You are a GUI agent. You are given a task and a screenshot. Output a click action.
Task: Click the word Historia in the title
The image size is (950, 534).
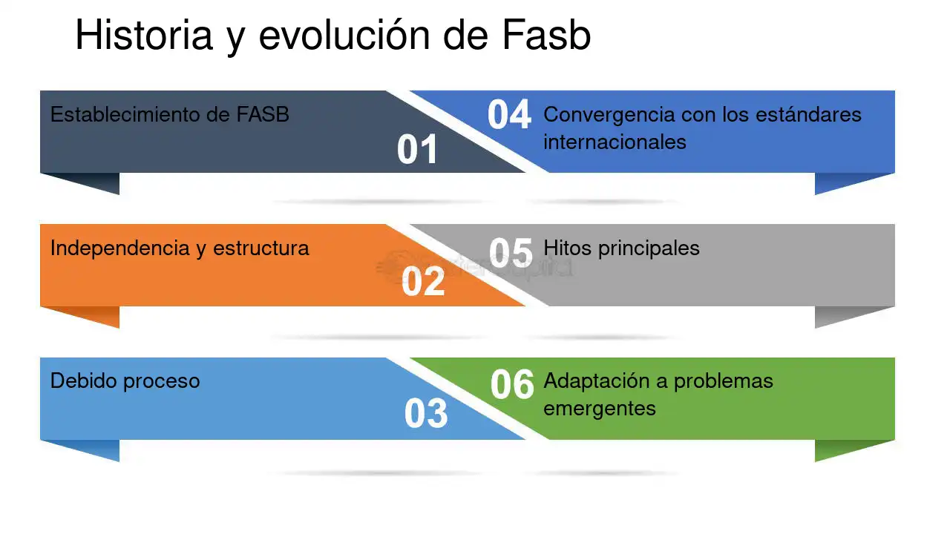point(144,35)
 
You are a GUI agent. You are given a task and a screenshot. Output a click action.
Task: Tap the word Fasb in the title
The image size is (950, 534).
point(546,35)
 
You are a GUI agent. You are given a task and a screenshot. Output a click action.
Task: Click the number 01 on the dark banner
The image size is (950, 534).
point(417,149)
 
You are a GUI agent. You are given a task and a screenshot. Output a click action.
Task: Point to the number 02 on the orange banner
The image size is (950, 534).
point(423,281)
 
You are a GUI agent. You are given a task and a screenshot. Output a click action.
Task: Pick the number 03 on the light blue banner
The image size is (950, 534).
point(426,413)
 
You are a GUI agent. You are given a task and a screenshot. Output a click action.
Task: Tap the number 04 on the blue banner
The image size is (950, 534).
point(509,114)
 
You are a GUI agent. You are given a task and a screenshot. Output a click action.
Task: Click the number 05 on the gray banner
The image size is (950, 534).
point(511,253)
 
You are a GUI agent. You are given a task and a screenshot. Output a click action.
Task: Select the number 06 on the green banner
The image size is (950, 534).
point(512,384)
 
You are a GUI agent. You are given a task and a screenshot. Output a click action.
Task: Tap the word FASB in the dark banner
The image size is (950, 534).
point(263,114)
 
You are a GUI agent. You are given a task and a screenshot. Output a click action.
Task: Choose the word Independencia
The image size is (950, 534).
point(119,248)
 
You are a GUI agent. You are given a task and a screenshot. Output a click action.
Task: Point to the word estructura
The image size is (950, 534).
point(261,248)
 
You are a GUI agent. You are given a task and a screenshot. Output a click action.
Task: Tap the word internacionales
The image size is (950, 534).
point(615,142)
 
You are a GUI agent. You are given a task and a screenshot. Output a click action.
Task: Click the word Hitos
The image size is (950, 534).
point(568,248)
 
